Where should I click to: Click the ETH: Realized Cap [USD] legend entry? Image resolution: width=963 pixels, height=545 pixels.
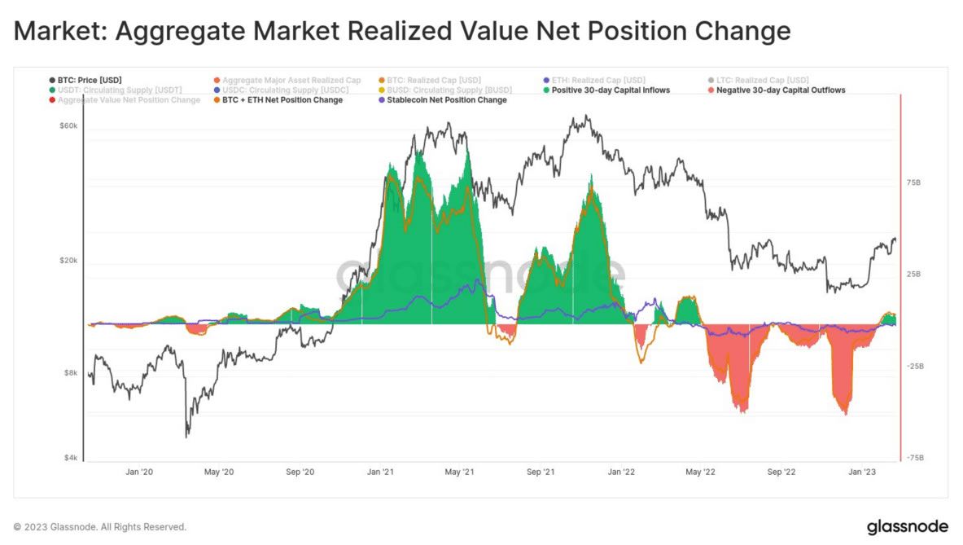click(597, 80)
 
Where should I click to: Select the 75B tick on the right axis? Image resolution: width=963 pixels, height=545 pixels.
click(913, 183)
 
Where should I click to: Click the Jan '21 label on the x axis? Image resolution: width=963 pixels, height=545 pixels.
click(381, 472)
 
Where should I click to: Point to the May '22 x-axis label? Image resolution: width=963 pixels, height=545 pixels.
click(700, 472)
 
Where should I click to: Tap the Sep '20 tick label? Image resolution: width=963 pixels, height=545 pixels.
click(301, 472)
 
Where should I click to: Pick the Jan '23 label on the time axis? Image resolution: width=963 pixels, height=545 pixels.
click(862, 472)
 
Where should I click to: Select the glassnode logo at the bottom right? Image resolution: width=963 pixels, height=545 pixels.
click(907, 526)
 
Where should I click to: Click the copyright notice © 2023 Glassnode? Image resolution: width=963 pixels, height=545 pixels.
click(99, 527)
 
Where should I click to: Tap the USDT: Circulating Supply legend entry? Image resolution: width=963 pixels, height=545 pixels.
click(119, 90)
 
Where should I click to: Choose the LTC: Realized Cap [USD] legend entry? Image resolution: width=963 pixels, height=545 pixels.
click(763, 80)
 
